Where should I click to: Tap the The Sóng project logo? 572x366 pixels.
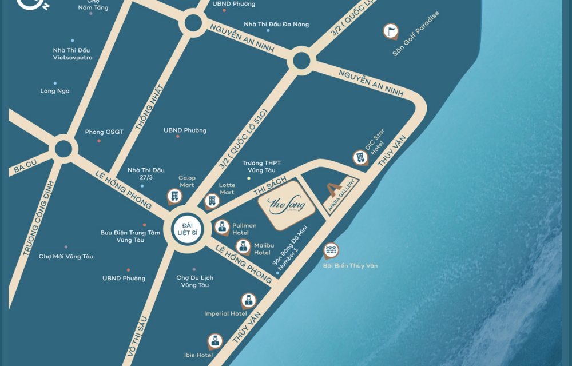coord(287,205)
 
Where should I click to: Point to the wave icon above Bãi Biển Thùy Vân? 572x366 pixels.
coord(331,250)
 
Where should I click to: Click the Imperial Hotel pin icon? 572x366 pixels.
coord(248,300)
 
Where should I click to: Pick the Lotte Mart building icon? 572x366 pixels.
coord(212,201)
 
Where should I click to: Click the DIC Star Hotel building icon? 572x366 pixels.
coord(360,157)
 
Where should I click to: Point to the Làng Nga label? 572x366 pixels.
coord(55,91)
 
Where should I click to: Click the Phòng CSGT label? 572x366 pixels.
coord(104,132)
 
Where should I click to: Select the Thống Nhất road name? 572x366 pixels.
coord(150,108)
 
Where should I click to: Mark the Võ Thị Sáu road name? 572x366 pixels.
coord(137,337)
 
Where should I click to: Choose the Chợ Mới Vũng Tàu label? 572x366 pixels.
coord(66,257)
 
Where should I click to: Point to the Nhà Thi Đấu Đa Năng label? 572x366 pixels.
coord(276,25)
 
